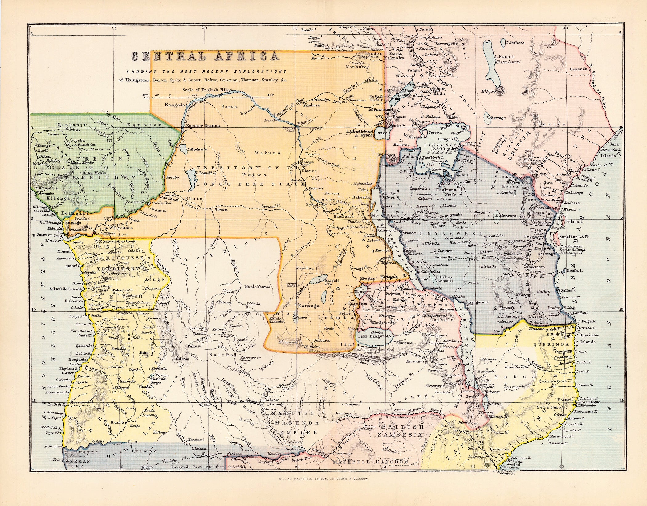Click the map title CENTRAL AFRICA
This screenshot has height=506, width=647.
(205, 57)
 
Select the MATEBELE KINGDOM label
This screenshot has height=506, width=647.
(370, 471)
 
